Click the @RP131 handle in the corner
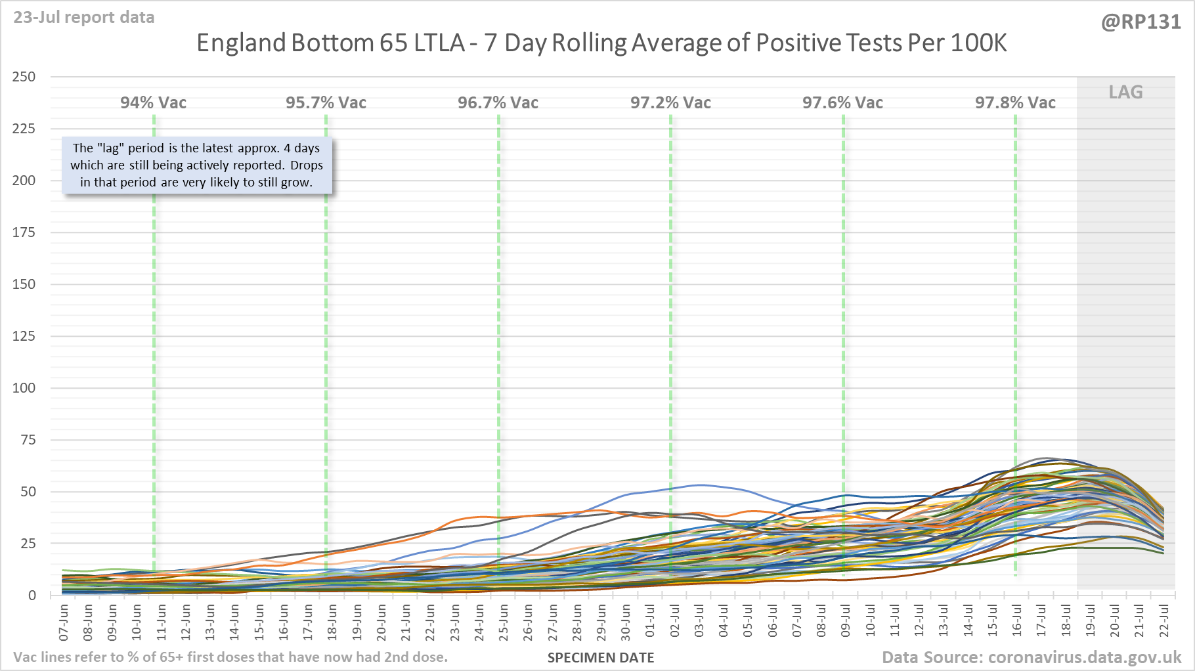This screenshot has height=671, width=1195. click(x=1141, y=22)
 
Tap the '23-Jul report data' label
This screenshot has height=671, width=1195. click(x=84, y=18)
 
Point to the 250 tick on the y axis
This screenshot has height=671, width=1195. click(x=24, y=77)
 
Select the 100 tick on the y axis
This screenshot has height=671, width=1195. click(x=24, y=388)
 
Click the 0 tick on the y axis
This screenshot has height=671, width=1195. click(x=32, y=595)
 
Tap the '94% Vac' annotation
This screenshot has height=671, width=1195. click(x=153, y=103)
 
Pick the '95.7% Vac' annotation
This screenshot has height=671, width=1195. click(x=326, y=103)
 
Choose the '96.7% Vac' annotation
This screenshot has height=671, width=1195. click(x=498, y=103)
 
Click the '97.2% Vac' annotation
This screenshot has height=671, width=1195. click(x=670, y=103)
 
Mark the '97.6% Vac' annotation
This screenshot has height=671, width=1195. click(x=842, y=103)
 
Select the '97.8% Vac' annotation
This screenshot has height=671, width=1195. click(x=1015, y=103)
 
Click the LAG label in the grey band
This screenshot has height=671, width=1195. click(x=1125, y=93)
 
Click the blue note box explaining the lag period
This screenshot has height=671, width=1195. click(x=196, y=165)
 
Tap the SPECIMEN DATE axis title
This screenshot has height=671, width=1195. click(x=601, y=658)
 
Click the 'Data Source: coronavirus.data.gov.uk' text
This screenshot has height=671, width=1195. click(x=1031, y=657)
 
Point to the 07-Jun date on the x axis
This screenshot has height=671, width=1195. click(x=64, y=622)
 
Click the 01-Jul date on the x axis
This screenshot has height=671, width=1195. click(x=651, y=622)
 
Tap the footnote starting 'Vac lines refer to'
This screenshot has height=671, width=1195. click(x=230, y=657)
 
